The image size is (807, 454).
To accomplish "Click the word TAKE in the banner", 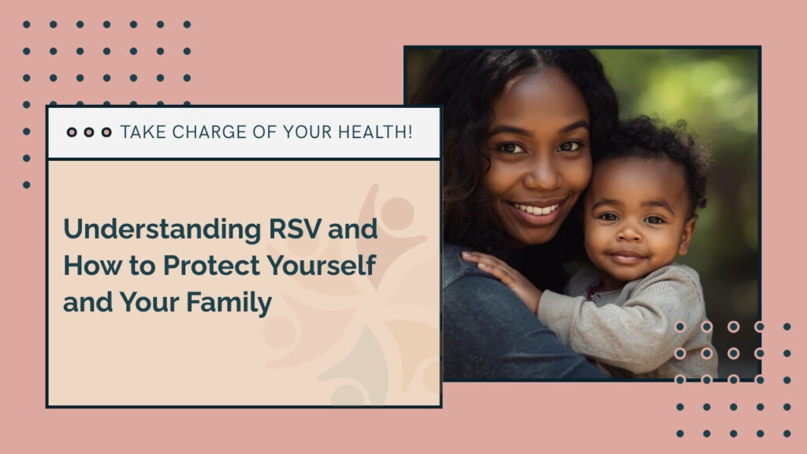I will click(141, 132).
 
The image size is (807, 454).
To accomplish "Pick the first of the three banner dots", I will click(72, 132).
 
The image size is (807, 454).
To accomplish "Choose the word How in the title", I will click(84, 266).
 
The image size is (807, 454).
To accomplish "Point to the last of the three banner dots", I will click(106, 132).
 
